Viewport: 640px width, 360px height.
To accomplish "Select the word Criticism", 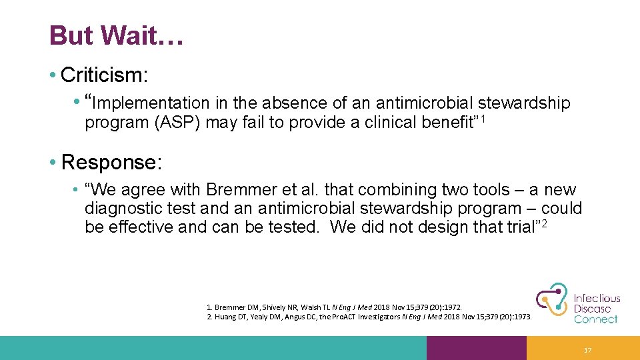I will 103,75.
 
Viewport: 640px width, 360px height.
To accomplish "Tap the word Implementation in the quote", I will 151,103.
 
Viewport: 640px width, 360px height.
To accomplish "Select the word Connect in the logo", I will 596,319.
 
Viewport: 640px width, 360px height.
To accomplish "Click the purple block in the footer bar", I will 476,348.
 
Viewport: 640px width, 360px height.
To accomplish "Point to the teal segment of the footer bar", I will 213,348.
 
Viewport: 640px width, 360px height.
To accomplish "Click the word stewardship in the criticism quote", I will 525,103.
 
